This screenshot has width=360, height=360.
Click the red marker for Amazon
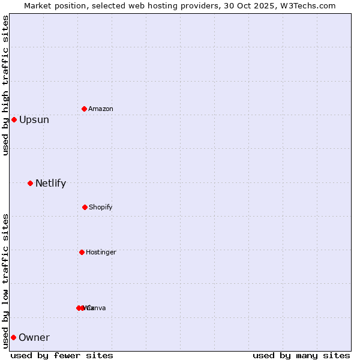click(85, 109)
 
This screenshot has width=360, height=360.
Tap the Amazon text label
click(101, 109)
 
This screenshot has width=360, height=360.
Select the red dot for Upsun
click(14, 119)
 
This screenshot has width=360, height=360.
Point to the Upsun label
click(34, 120)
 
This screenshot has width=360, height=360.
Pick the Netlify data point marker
click(30, 183)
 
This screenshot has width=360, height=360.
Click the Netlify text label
click(51, 184)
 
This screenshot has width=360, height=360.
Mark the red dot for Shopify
click(85, 207)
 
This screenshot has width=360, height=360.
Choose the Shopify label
click(101, 207)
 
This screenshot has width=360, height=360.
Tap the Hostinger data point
click(82, 252)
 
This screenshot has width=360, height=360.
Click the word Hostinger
click(101, 252)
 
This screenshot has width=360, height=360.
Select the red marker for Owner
click(13, 337)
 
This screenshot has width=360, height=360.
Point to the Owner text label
click(34, 338)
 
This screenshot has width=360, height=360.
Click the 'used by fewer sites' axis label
click(62, 355)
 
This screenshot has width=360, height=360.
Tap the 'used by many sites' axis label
click(301, 355)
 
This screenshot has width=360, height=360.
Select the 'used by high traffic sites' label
click(5, 85)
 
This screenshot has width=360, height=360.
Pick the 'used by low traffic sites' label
click(5, 281)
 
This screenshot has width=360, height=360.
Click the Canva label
click(97, 308)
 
